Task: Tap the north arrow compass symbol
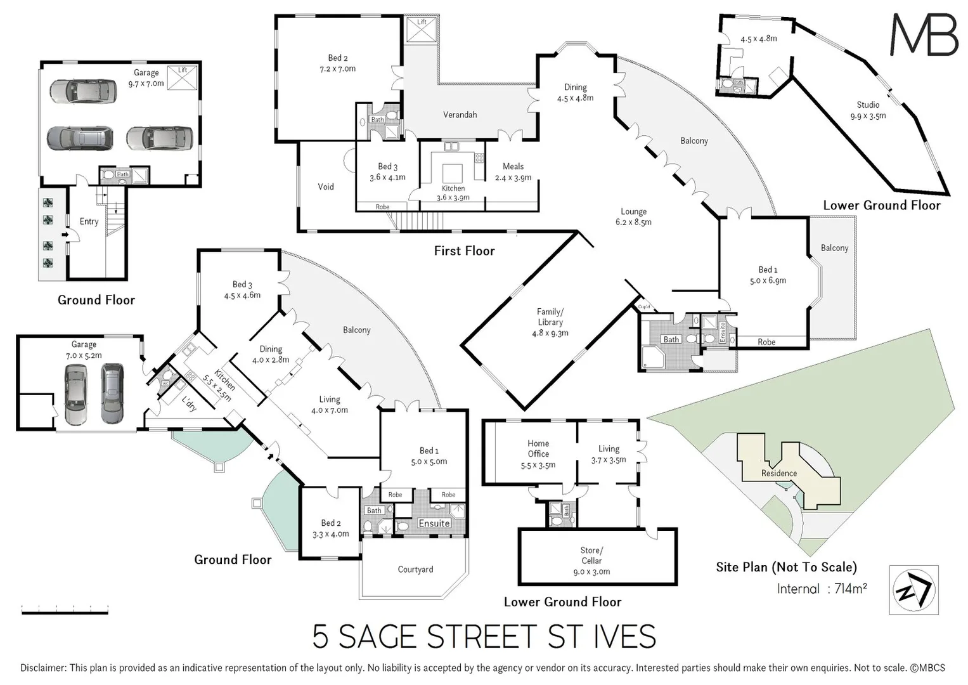tap(913, 590)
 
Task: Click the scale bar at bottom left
tap(65, 610)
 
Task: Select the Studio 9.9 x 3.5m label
tap(868, 110)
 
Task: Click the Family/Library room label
tap(550, 322)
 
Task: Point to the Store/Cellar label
tap(591, 561)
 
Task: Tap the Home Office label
tap(538, 454)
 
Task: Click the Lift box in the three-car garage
tap(183, 78)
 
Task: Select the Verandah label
tap(460, 115)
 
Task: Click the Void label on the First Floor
tap(326, 186)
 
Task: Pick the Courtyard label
tap(415, 570)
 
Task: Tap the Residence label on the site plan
tap(779, 473)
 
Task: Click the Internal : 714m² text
tap(822, 589)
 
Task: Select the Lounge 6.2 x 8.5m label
tap(633, 217)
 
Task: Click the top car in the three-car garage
tap(83, 91)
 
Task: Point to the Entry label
tap(89, 221)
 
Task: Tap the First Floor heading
tap(464, 251)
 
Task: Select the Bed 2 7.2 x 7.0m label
tap(338, 63)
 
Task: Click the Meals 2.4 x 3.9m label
tap(513, 172)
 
